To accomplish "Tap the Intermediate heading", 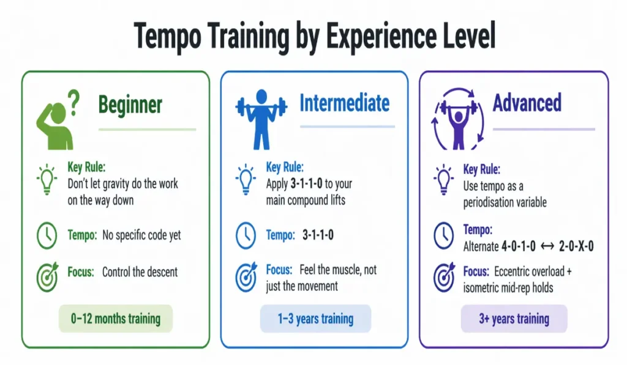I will tap(344, 103).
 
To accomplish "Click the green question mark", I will tap(73, 98).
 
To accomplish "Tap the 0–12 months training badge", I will tap(116, 319).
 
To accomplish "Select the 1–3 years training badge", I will tap(315, 319).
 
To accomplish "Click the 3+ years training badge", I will tap(514, 319).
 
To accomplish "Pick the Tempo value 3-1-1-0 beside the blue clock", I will tap(318, 235).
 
